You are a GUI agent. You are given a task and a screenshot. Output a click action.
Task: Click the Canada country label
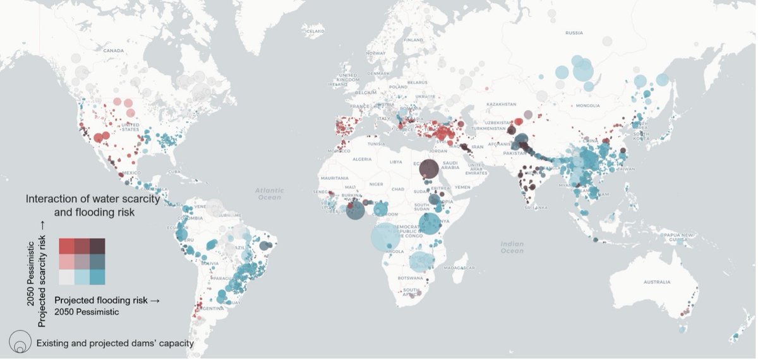click(x=113, y=51)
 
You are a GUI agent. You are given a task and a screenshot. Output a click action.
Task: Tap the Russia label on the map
click(x=574, y=33)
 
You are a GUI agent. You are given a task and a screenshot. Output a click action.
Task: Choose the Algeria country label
click(x=363, y=160)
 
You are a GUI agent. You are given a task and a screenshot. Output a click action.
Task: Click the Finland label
click(x=414, y=39)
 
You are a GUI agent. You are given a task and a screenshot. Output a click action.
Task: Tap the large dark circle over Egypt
click(x=428, y=169)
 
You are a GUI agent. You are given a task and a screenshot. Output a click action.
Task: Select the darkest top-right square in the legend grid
click(x=97, y=245)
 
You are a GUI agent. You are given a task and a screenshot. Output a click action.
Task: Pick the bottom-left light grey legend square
click(x=67, y=277)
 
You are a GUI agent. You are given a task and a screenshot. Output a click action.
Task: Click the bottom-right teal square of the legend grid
click(x=97, y=277)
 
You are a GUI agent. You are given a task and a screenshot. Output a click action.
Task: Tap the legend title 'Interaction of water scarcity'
click(x=90, y=199)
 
